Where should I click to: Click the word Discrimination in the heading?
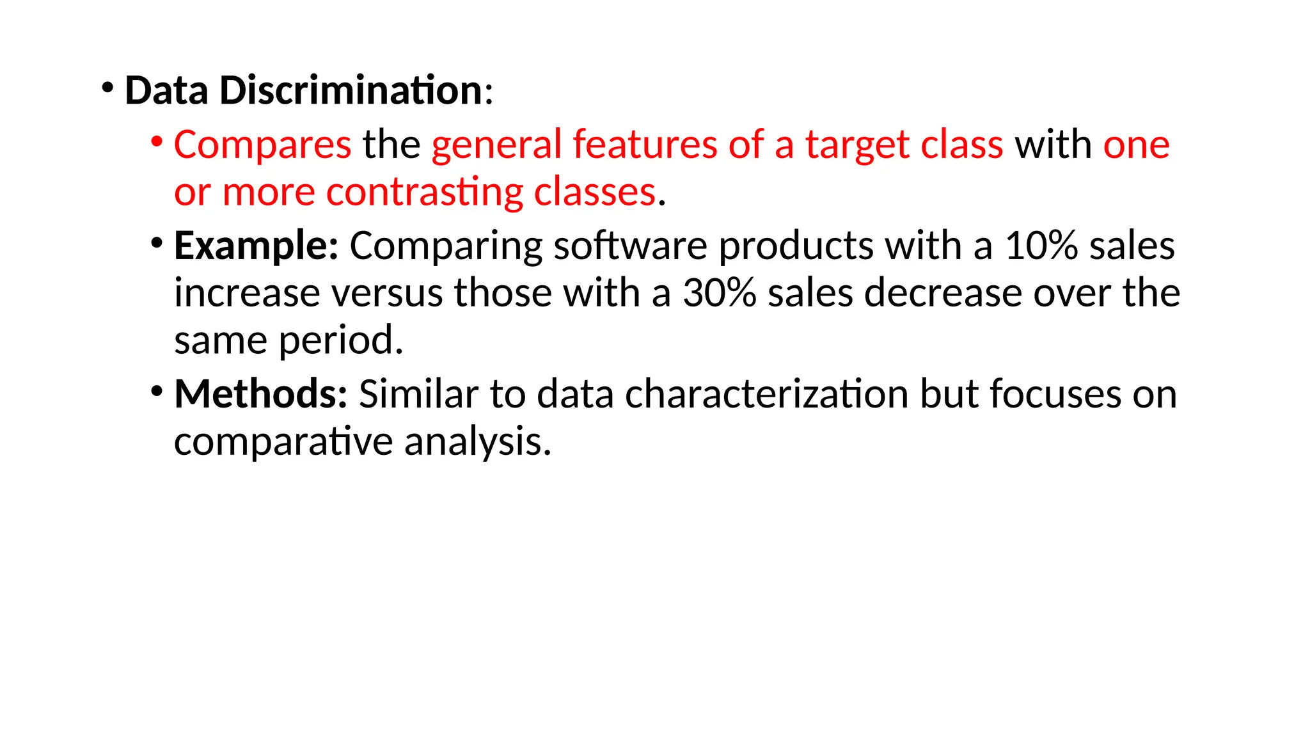[351, 90]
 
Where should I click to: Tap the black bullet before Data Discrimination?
[107, 86]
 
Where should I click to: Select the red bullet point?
[157, 141]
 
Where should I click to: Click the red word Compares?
[262, 145]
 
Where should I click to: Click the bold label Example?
[256, 246]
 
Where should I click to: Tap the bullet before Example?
[157, 242]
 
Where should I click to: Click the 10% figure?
[1041, 246]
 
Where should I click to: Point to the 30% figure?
[720, 293]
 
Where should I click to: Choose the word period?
[341, 340]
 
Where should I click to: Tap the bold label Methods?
[260, 393]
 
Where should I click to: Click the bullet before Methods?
[157, 390]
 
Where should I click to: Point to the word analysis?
[477, 441]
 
